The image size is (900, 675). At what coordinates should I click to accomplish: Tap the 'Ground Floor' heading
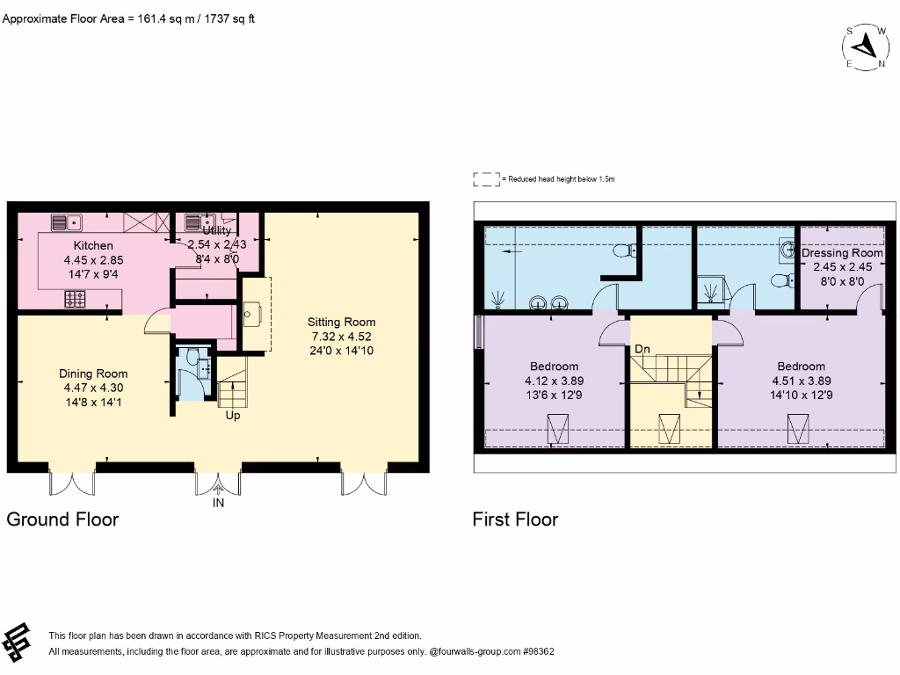(x=62, y=519)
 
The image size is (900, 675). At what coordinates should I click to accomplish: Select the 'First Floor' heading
(x=515, y=519)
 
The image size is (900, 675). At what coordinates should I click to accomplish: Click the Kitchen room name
(x=92, y=246)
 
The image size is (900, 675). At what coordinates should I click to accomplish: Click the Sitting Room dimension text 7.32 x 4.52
(x=341, y=337)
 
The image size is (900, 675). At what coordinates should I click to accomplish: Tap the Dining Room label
(x=93, y=373)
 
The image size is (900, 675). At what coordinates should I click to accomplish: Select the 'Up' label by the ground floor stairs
(x=233, y=416)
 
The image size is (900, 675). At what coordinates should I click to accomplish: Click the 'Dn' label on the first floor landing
(x=642, y=350)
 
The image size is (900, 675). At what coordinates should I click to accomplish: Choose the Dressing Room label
(x=842, y=253)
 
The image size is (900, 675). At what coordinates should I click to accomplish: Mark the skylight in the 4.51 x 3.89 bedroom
(x=799, y=430)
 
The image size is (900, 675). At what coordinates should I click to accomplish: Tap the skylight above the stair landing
(x=670, y=430)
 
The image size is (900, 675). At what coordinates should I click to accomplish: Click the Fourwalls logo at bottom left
(x=18, y=642)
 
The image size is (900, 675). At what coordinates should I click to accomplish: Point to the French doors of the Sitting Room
(x=362, y=482)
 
